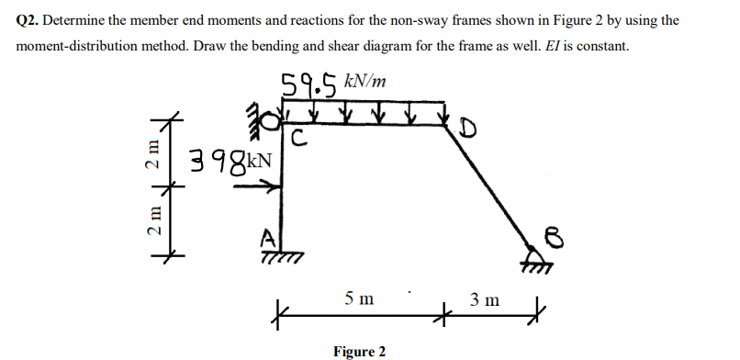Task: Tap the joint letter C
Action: [298, 141]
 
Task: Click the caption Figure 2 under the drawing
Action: [359, 351]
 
